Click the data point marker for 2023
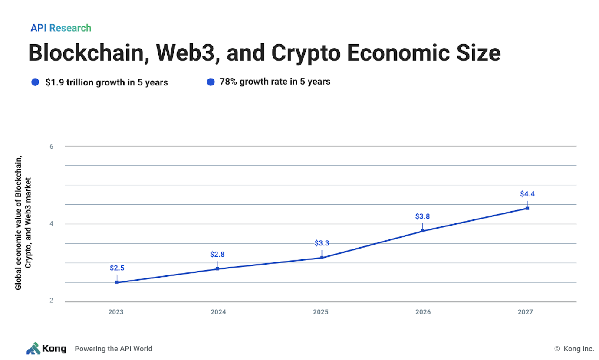coord(117,282)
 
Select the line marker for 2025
coord(322,258)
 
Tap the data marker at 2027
coord(527,208)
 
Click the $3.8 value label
coord(423,216)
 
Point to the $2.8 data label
coord(217,254)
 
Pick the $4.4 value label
coord(527,194)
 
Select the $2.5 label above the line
coord(117,268)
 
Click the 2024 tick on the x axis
coord(218,312)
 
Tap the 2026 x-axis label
coord(423,312)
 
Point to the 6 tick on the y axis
coord(51,147)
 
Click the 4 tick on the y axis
coord(51,224)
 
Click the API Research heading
coord(61,28)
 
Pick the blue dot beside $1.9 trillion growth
coord(36,82)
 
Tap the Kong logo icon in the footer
coord(33,348)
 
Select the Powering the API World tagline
coord(113,349)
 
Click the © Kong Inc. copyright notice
coord(573,349)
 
